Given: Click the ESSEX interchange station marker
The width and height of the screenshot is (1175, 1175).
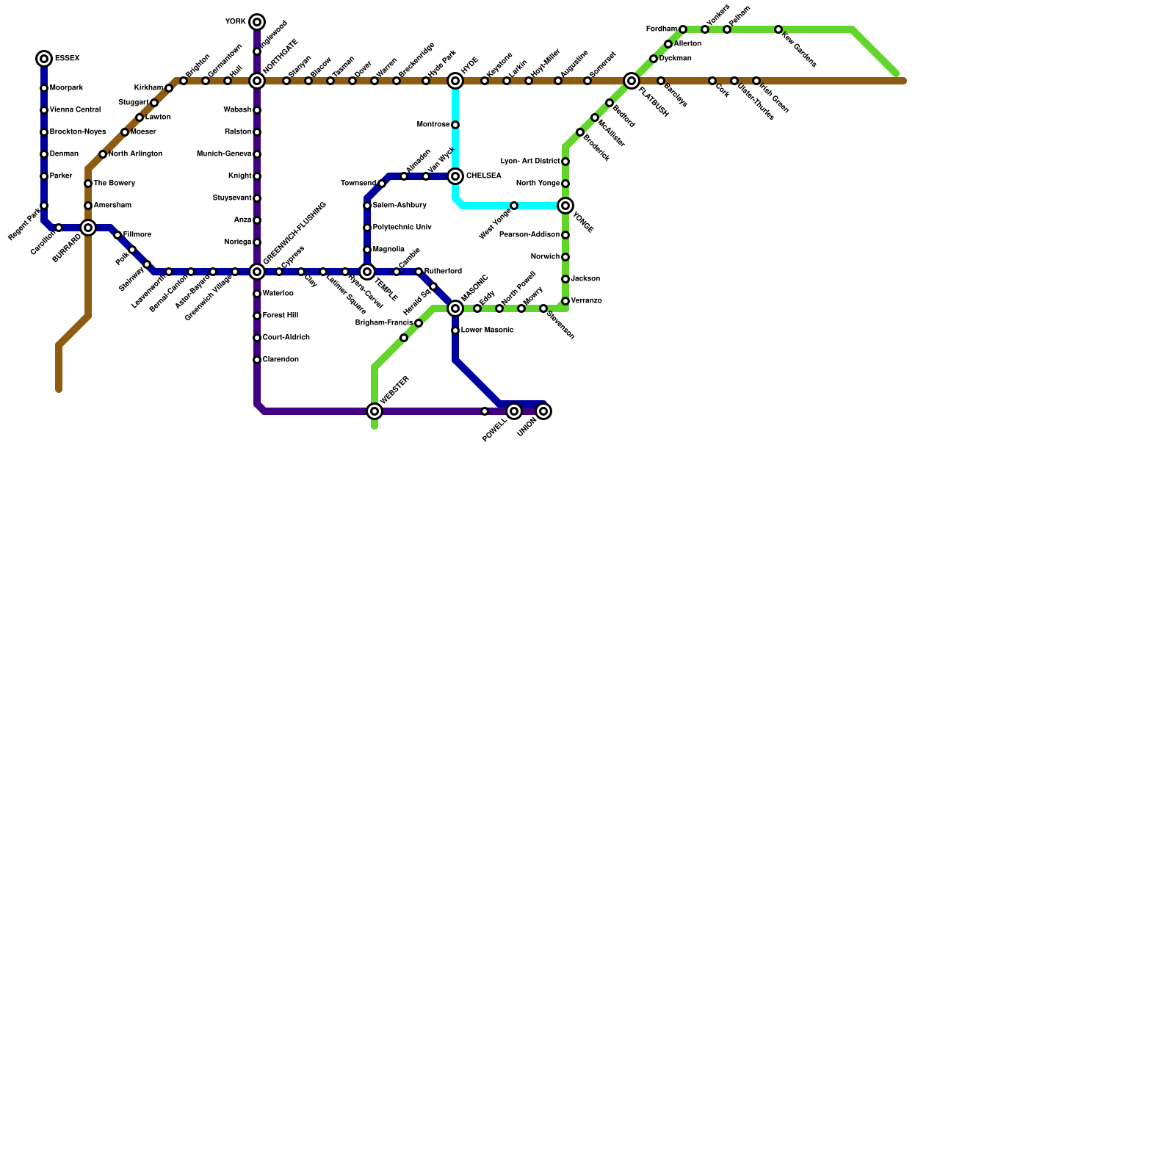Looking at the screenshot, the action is (x=44, y=59).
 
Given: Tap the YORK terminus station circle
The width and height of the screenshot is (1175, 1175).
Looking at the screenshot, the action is (x=257, y=22).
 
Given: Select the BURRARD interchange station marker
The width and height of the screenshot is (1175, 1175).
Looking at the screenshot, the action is (x=88, y=228).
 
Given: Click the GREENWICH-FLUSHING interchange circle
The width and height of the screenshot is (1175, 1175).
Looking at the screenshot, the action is (x=257, y=272).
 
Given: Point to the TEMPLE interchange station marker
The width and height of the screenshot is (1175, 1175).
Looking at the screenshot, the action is (x=367, y=272).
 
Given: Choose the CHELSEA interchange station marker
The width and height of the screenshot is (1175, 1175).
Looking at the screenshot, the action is (x=455, y=176).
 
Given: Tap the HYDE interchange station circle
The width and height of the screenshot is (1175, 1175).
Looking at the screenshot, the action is (x=455, y=81).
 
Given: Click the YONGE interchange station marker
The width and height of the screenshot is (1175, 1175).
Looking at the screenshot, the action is (x=565, y=206).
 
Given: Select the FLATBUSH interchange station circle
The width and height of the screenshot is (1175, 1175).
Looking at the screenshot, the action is (x=632, y=81).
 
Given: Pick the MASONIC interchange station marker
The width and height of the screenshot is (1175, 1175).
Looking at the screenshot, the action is (x=455, y=308).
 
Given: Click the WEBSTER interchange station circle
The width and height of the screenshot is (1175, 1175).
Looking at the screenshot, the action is (x=375, y=411).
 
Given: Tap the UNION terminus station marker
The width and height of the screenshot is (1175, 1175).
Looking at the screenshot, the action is (x=543, y=411).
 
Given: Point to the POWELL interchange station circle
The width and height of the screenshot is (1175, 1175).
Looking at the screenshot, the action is (x=514, y=411).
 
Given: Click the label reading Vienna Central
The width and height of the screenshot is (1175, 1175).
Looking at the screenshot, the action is (x=75, y=110).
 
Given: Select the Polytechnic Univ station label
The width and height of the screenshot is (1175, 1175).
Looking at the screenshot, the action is (x=402, y=228).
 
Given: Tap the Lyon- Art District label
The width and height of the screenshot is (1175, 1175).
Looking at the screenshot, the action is (x=529, y=162).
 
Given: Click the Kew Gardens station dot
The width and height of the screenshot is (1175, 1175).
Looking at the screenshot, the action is (x=778, y=29).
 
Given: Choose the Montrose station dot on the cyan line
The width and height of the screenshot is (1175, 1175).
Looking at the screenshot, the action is (x=455, y=125).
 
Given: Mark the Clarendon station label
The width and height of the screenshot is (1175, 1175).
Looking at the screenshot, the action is (x=281, y=360).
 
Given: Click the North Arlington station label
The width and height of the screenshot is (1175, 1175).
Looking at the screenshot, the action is (x=135, y=154).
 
